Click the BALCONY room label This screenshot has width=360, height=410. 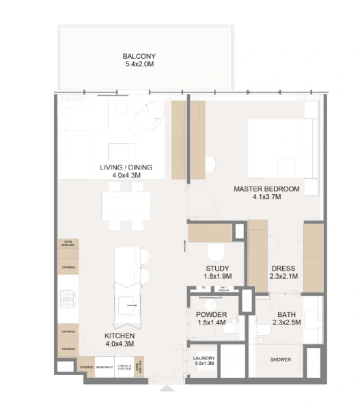pos(140,56)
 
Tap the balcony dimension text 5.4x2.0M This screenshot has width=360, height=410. pos(140,65)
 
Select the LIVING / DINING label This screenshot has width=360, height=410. pos(126,167)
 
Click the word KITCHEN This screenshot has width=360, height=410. pos(119,337)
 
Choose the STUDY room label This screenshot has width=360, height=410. pos(218,269)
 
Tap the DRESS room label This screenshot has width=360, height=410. pos(282,269)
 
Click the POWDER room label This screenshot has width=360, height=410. pos(210,315)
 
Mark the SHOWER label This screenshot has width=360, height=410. pos(280,360)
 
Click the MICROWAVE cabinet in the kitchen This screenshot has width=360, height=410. pos(105,368)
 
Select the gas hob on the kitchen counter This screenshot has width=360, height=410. pos(68,297)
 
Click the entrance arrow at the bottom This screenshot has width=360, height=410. pos(167,389)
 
